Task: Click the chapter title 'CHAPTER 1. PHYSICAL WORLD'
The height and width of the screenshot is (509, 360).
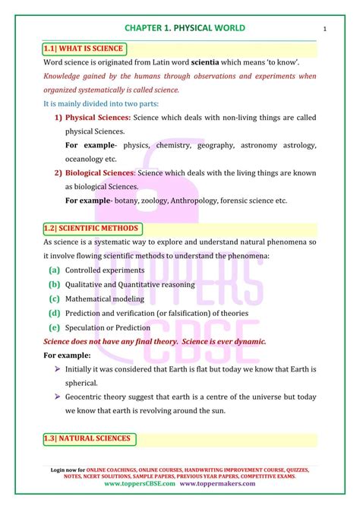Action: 180,29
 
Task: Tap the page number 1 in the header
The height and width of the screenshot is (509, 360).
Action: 324,30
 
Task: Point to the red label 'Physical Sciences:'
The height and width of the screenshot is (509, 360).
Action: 98,118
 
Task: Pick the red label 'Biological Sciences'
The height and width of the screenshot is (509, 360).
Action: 99,172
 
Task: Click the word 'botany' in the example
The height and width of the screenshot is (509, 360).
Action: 127,200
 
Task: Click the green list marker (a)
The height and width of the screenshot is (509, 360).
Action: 54,270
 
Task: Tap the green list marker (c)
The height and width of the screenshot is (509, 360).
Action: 54,299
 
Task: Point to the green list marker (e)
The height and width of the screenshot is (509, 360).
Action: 54,327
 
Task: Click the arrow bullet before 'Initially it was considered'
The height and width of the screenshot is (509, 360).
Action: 58,368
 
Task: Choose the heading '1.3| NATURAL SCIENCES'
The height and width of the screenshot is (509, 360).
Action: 90,438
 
